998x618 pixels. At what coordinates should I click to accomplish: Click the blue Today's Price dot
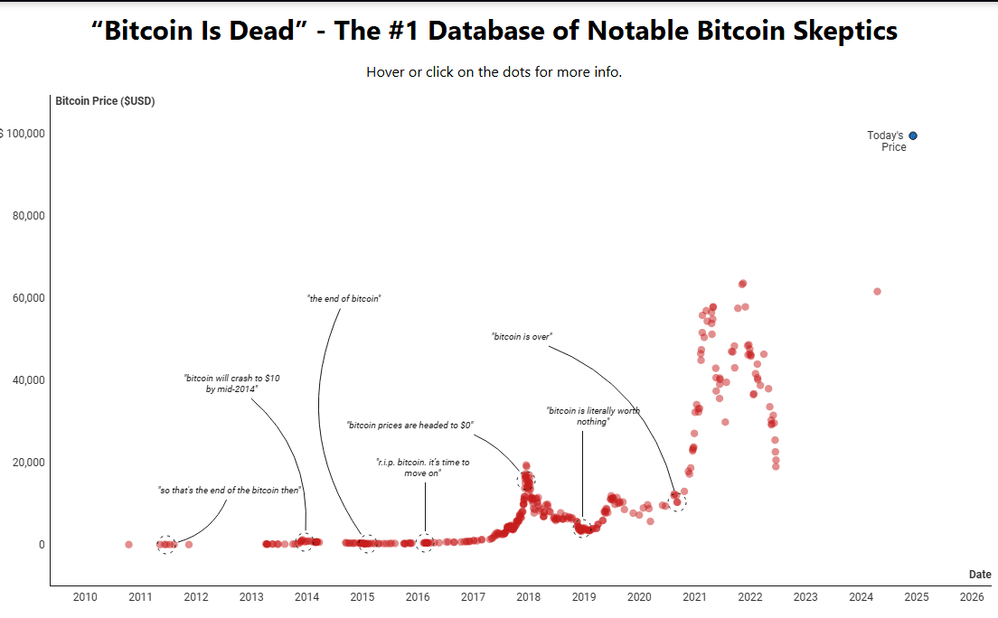pos(913,136)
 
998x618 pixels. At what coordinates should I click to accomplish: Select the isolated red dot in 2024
pos(877,291)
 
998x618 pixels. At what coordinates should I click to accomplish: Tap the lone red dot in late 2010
pos(128,545)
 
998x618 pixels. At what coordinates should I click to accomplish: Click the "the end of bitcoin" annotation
pos(344,298)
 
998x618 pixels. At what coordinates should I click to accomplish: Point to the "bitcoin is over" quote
pos(522,336)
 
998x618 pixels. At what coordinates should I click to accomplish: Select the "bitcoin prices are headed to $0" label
pos(410,425)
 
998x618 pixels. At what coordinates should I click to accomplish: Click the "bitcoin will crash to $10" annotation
pos(232,383)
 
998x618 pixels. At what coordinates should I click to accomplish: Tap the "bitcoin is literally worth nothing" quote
pos(593,416)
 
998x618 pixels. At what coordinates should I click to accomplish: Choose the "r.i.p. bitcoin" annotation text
pos(422,467)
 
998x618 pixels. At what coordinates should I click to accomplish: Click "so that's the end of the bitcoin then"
pos(229,491)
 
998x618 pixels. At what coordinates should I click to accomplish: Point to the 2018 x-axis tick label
pos(528,597)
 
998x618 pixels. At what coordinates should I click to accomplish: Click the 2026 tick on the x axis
pos(972,597)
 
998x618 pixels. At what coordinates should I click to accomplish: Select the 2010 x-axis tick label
pos(85,597)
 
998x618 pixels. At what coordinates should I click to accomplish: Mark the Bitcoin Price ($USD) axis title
pos(105,101)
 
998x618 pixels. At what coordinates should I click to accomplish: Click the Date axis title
pos(980,575)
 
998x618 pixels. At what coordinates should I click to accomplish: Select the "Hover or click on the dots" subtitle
pos(494,72)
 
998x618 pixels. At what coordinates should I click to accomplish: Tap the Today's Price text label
pos(888,141)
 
